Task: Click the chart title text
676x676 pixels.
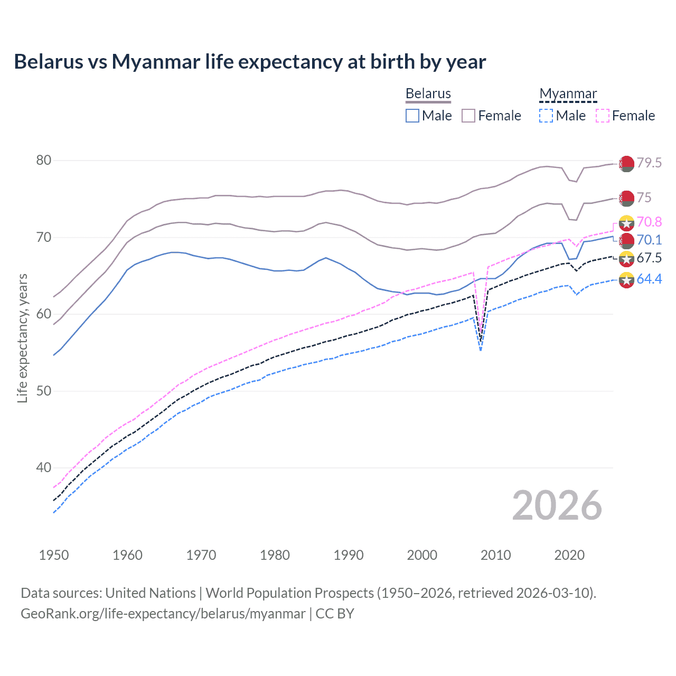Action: coord(250,62)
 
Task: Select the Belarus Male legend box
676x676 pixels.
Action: coord(412,116)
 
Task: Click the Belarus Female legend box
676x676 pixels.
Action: coord(468,116)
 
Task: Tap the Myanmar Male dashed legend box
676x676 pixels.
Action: coord(546,116)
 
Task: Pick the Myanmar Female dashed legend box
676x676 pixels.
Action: coord(603,116)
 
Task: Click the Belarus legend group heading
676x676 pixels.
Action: coord(428,93)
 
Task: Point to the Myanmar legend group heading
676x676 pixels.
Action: coord(568,93)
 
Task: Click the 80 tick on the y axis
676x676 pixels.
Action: coord(44,160)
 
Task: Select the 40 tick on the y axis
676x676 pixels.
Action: coord(44,467)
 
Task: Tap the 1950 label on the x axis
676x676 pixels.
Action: coord(54,555)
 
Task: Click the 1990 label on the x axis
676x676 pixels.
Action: coord(349,555)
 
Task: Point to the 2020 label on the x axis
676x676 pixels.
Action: coord(569,555)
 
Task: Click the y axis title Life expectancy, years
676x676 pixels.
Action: coord(22,338)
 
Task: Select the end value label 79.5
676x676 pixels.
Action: coord(649,163)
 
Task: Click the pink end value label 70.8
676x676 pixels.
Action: coord(649,222)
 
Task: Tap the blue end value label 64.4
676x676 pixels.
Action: coord(649,279)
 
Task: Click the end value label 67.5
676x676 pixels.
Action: coord(649,258)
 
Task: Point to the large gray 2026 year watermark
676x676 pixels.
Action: coord(557,505)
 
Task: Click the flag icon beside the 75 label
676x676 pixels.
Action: coord(626,199)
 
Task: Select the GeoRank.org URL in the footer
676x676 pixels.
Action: coord(163,614)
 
